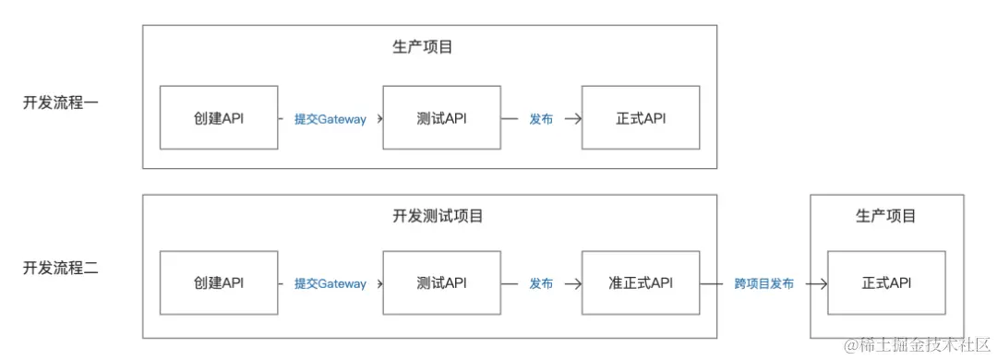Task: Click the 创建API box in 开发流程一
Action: click(219, 118)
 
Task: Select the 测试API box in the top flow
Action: click(441, 118)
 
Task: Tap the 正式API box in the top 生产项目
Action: click(641, 118)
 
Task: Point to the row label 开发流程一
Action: click(61, 102)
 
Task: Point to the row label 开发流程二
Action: click(61, 269)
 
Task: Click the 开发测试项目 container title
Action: click(431, 216)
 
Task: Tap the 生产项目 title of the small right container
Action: click(886, 216)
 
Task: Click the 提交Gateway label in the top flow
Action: click(330, 119)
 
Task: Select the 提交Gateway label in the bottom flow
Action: click(330, 283)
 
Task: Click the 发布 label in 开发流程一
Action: click(541, 119)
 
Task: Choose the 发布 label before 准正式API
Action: click(541, 283)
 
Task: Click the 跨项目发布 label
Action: click(763, 283)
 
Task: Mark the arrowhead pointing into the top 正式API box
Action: click(577, 119)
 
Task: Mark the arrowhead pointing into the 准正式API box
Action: click(577, 283)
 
